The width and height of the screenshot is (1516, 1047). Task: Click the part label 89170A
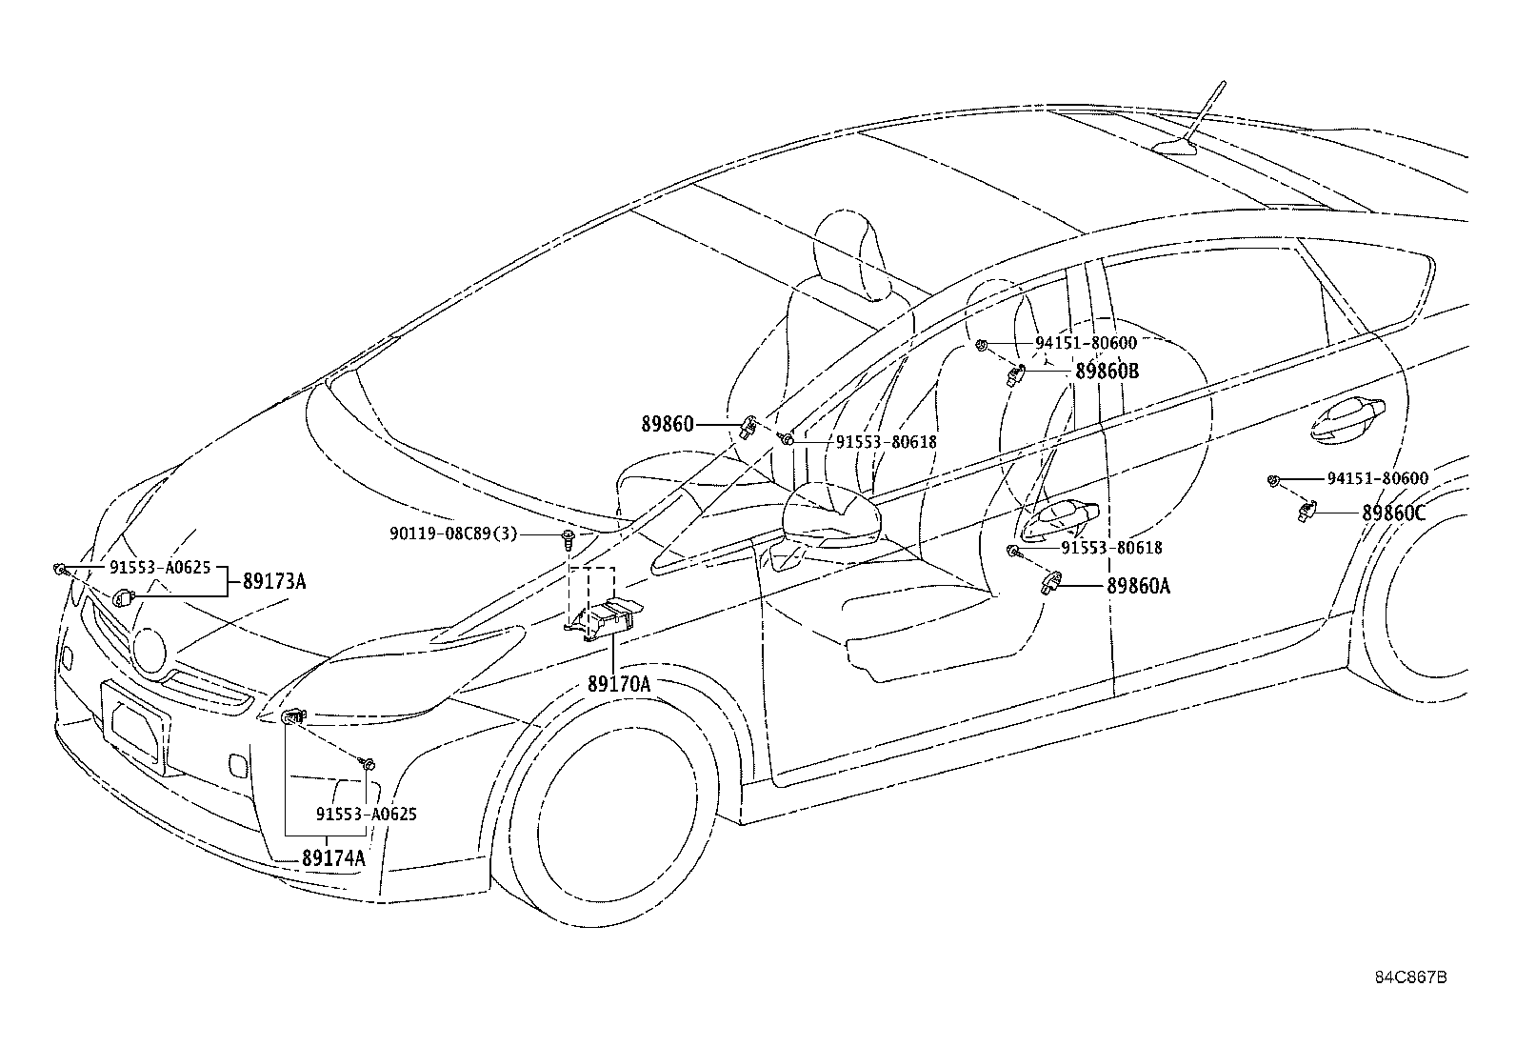click(x=619, y=684)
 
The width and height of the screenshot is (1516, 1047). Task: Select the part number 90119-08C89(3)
click(x=452, y=534)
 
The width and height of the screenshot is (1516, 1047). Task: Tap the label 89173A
click(x=274, y=581)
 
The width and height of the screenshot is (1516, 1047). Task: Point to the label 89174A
click(x=333, y=858)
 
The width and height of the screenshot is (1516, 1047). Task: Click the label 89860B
click(x=1107, y=372)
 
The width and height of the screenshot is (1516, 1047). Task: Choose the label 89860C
click(x=1393, y=513)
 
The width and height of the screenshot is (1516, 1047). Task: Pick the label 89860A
click(x=1138, y=586)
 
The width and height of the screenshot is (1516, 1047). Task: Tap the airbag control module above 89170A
click(x=604, y=618)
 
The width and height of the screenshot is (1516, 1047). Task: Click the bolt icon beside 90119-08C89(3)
click(x=568, y=539)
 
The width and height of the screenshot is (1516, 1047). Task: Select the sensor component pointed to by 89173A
click(x=123, y=597)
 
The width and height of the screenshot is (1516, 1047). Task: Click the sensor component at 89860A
click(x=1050, y=582)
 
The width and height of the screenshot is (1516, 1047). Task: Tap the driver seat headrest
click(x=852, y=256)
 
